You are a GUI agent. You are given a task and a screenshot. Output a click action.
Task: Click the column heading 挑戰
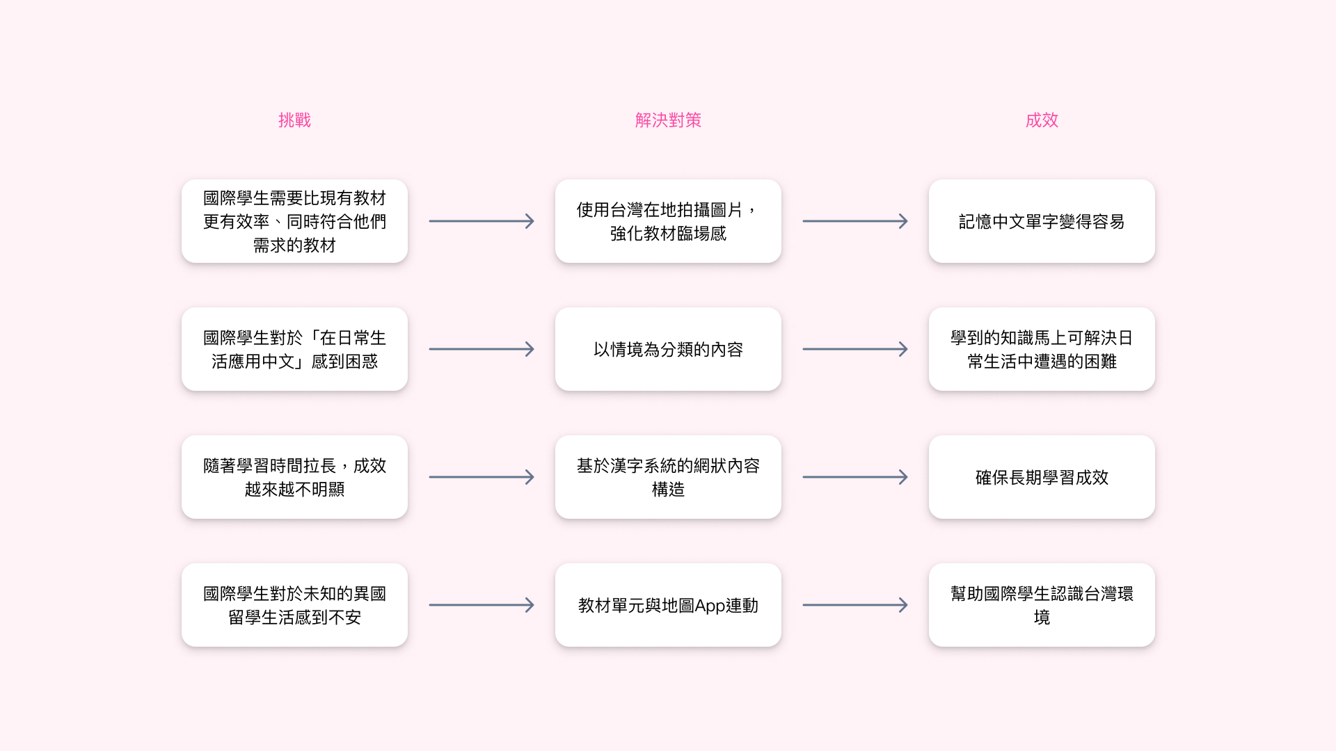294,120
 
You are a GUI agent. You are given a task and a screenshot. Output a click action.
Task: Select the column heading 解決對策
668,120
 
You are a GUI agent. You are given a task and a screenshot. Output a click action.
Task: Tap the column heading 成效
1042,120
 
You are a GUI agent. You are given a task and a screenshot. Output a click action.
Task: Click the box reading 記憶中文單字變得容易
1042,221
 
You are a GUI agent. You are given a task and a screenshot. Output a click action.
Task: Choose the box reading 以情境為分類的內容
668,349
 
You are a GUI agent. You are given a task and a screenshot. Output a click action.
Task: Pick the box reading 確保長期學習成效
1042,477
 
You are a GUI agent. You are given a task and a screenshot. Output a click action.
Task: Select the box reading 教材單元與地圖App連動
668,605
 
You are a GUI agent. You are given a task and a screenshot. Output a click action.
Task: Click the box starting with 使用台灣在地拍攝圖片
668,221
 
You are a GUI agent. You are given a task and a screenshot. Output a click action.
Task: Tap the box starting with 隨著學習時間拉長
294,477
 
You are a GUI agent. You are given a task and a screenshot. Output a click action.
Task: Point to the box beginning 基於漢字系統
668,477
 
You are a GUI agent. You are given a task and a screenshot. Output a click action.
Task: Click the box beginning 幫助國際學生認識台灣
1042,605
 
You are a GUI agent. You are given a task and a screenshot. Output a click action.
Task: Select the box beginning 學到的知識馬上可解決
1042,349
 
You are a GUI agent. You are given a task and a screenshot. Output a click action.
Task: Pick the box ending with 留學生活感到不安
294,605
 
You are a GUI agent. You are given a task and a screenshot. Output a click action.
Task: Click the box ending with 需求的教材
294,221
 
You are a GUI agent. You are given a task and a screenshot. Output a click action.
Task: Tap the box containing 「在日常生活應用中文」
294,349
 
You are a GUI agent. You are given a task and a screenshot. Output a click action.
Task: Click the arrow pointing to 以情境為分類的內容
482,349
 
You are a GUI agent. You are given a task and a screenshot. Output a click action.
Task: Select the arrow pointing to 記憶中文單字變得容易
855,221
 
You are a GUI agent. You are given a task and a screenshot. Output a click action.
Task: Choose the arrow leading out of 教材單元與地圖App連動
855,605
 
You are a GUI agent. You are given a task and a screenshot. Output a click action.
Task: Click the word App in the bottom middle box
710,606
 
